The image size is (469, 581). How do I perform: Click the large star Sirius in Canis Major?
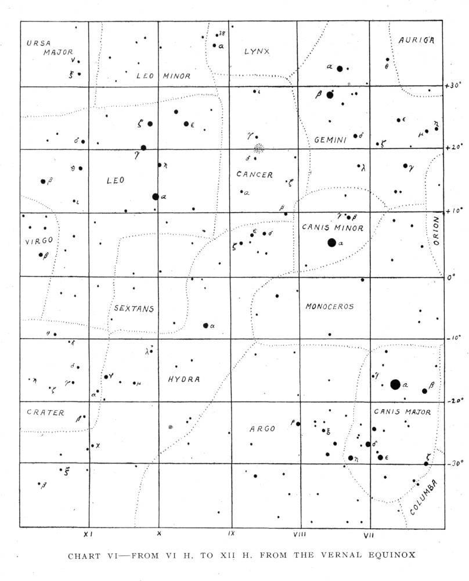pyautogui.click(x=395, y=384)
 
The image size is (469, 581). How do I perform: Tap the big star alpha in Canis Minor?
pyautogui.click(x=331, y=243)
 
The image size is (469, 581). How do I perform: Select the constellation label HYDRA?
pyautogui.click(x=183, y=379)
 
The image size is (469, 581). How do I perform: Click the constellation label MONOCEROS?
pyautogui.click(x=329, y=306)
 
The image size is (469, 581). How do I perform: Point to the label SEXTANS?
pyautogui.click(x=134, y=309)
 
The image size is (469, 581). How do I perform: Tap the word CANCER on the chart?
pyautogui.click(x=254, y=174)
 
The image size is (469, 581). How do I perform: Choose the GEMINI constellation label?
pyautogui.click(x=330, y=140)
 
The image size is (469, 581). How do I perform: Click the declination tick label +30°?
pyautogui.click(x=452, y=85)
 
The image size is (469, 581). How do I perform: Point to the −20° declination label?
pyautogui.click(x=453, y=401)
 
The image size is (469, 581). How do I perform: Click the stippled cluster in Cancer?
pyautogui.click(x=259, y=148)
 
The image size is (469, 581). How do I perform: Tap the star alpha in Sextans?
pyautogui.click(x=205, y=325)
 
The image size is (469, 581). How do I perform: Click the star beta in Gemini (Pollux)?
pyautogui.click(x=330, y=95)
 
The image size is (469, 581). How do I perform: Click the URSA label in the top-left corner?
pyautogui.click(x=39, y=42)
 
